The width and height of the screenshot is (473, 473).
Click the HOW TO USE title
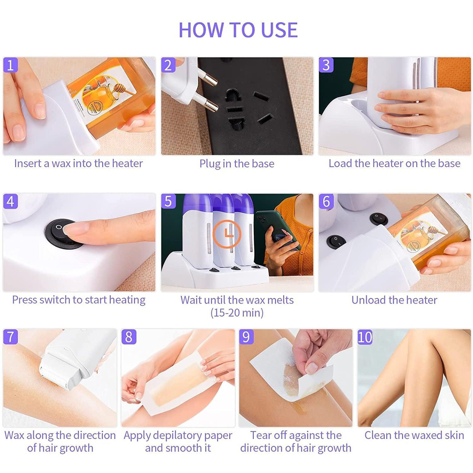(238, 30)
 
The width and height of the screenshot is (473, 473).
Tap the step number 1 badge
(10, 65)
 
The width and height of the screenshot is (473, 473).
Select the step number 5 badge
(168, 201)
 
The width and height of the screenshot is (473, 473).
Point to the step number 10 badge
(365, 337)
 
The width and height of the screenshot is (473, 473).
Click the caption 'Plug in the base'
(237, 164)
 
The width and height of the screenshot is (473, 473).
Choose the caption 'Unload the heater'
(394, 300)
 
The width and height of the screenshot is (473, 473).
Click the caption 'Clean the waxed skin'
(414, 435)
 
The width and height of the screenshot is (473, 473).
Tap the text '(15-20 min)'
(237, 313)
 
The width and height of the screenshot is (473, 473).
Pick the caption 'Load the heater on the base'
(394, 163)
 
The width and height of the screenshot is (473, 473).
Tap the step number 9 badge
(246, 337)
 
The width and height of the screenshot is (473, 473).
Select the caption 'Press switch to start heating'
(79, 300)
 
